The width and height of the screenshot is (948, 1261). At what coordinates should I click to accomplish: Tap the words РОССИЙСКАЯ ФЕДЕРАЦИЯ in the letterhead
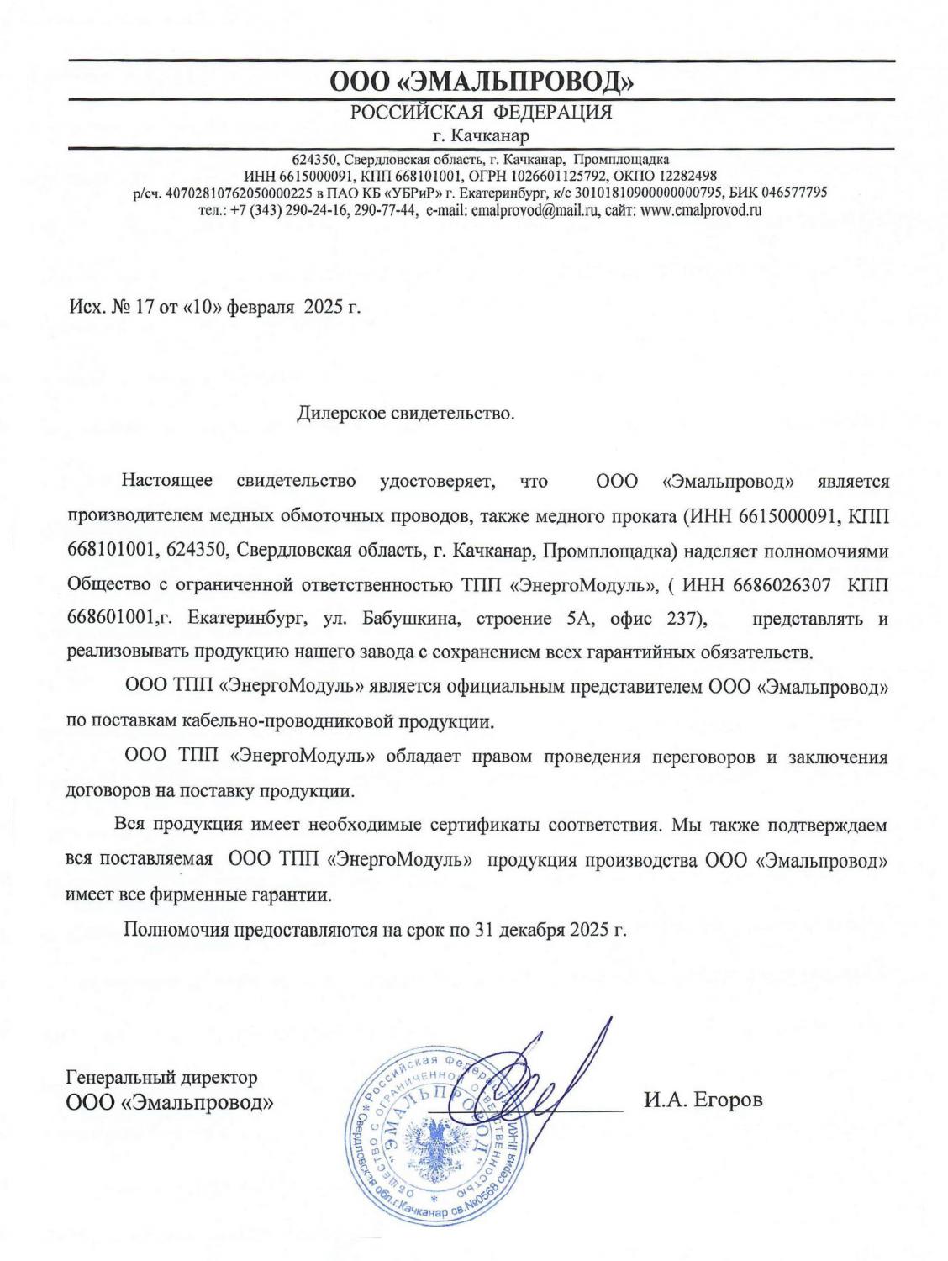(481, 113)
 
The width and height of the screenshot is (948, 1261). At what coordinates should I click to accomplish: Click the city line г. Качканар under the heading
(481, 135)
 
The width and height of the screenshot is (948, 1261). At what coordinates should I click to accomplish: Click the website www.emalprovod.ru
(701, 211)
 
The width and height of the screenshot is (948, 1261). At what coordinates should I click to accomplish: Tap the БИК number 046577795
(794, 193)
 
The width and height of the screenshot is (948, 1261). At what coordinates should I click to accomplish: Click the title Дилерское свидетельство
(405, 414)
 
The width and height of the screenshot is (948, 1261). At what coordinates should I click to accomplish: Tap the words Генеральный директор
(161, 1077)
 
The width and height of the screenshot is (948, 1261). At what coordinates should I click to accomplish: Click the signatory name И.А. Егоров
(703, 1100)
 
